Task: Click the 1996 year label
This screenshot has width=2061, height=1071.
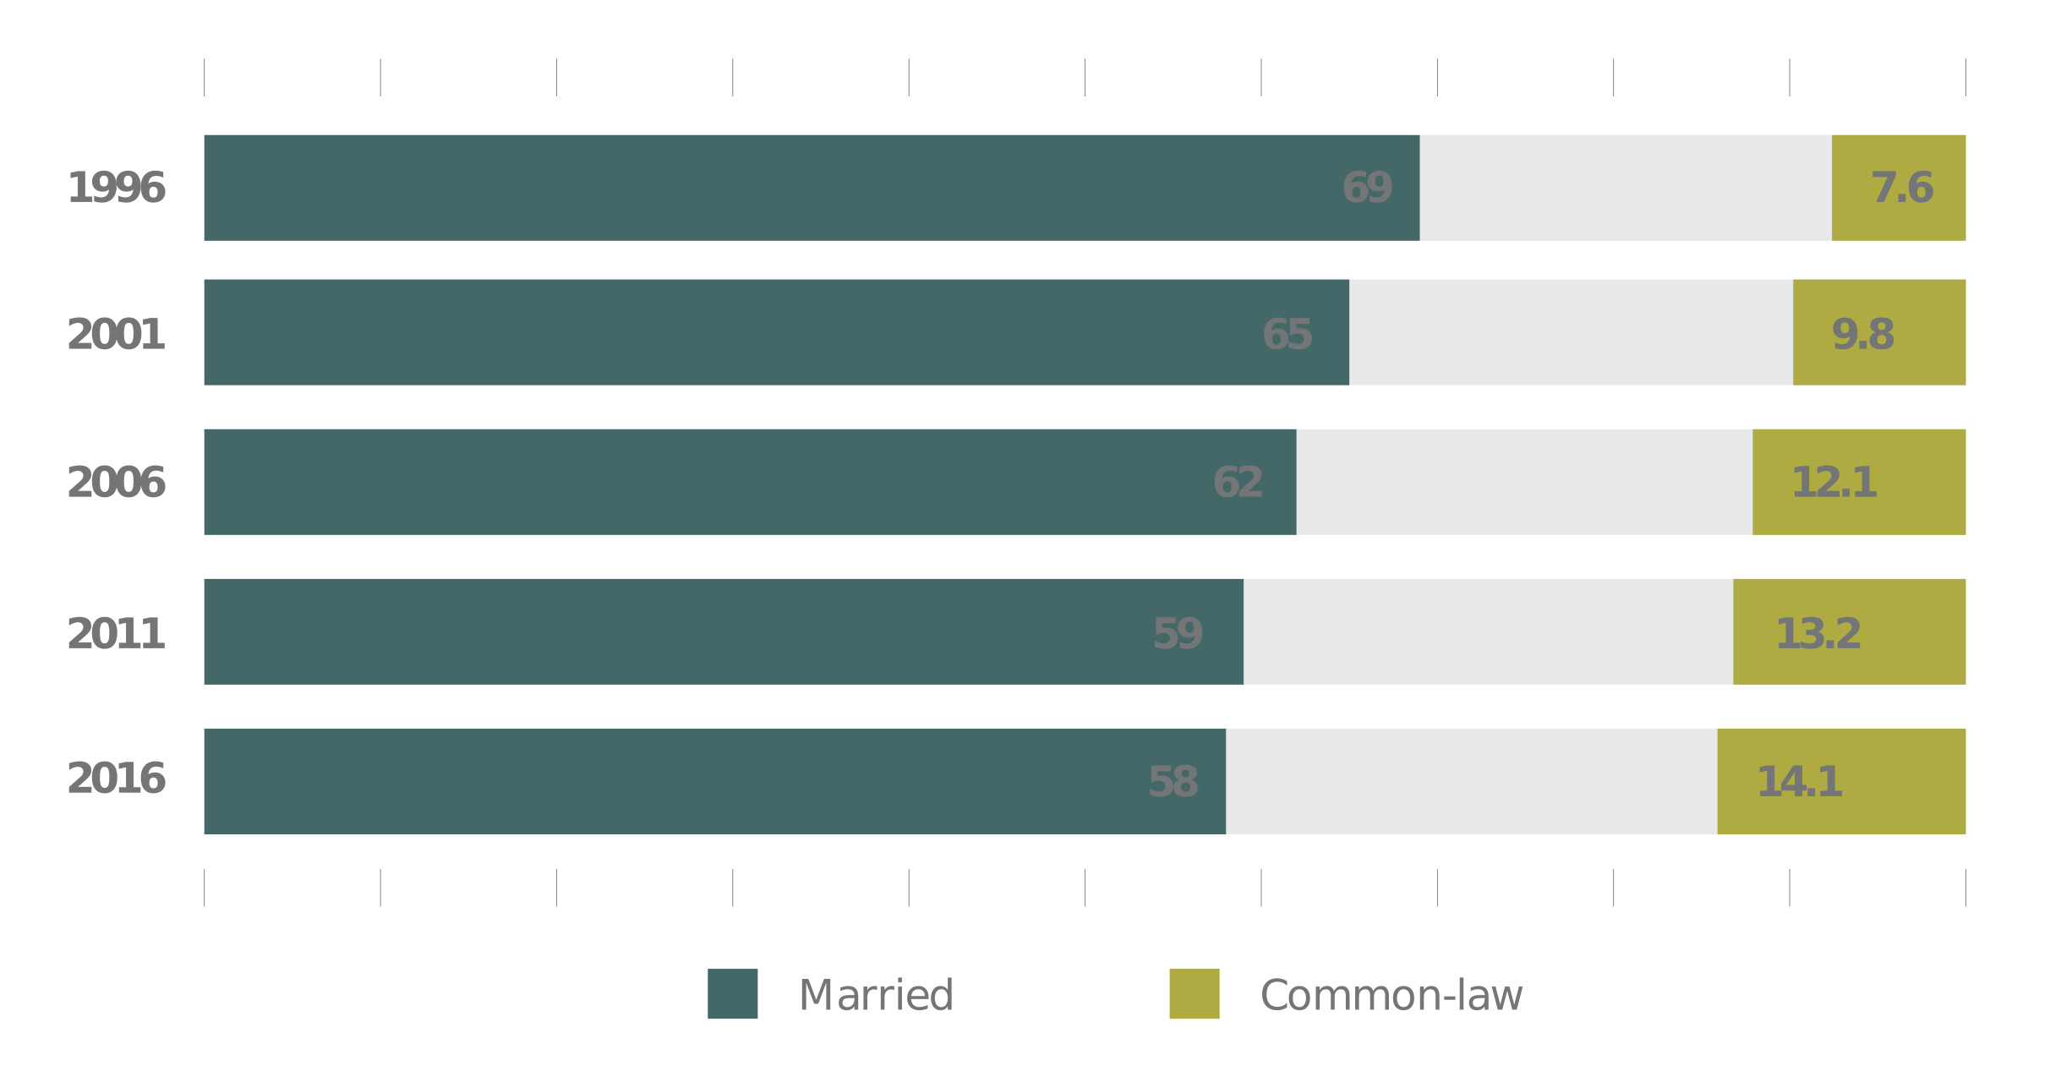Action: coord(116,188)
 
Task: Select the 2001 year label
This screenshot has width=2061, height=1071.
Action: coord(116,335)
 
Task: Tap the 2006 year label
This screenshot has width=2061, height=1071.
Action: coord(116,483)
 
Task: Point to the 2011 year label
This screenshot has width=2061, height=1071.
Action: coord(116,634)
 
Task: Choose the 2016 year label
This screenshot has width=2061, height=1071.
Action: coord(116,779)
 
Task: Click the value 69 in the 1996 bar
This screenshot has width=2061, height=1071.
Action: coord(1367,188)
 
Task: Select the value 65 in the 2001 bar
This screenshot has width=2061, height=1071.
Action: coord(1287,335)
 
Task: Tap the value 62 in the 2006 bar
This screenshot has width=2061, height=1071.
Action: coord(1238,483)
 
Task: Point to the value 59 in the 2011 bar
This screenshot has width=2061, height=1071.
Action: coord(1177,634)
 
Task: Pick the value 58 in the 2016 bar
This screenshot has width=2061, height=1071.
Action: coord(1173,782)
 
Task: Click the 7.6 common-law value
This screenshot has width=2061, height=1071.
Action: coord(1901,188)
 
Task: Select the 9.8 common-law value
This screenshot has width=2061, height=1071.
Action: coord(1862,335)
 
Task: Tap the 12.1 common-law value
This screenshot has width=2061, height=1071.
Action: coord(1834,483)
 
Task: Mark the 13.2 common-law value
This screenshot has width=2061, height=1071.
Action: coord(1818,634)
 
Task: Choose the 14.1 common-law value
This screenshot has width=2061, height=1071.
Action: coord(1799,782)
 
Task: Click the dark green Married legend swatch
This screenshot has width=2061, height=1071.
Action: coord(732,993)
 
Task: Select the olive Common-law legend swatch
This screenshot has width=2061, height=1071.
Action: coord(1194,993)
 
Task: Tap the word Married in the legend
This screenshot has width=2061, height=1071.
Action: coord(876,995)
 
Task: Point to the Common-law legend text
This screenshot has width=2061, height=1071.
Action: coord(1391,995)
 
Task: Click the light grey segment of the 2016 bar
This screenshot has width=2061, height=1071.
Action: coord(1471,782)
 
